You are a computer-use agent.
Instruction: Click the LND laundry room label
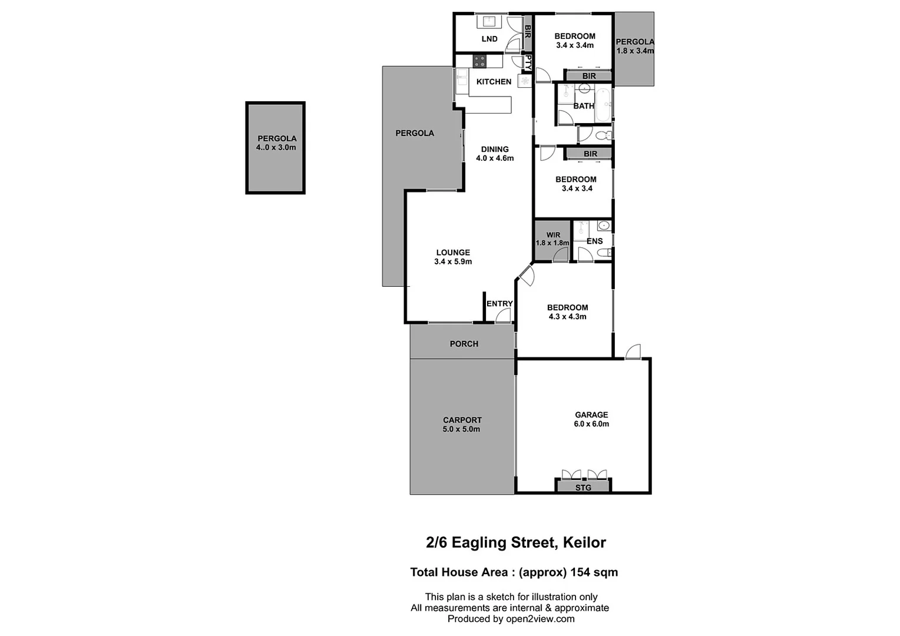[489, 39]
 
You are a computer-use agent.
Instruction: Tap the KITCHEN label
[494, 82]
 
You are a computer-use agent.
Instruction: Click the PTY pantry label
[528, 63]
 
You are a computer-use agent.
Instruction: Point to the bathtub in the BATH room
[603, 105]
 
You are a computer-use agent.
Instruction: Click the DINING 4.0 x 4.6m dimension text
[495, 158]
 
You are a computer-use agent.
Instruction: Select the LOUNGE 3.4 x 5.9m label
[453, 257]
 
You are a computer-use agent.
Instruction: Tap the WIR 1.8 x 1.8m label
[552, 239]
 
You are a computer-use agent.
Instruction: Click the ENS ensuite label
[594, 241]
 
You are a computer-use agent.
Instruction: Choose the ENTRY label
[499, 304]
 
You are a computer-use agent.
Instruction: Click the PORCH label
[464, 344]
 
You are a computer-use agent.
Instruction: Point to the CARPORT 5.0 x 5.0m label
[462, 425]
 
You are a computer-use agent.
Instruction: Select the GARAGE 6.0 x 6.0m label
[591, 419]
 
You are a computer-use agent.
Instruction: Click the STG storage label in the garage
[583, 488]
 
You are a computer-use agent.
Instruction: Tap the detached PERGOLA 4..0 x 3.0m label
[276, 143]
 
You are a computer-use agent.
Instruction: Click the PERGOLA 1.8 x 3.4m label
[634, 47]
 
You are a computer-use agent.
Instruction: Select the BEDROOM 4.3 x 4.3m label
[567, 312]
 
